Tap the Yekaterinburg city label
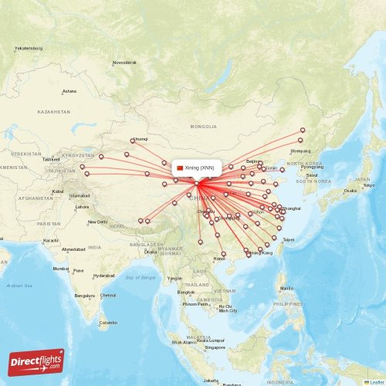29,49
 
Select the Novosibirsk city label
125,62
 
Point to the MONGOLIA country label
204,126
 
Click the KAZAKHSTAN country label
53,112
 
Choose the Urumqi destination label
141,140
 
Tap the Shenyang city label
301,151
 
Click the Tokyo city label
369,185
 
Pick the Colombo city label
109,323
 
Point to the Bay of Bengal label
140,276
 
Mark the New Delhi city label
97,222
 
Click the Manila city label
287,289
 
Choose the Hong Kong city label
262,252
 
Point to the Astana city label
69,91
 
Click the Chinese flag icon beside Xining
181,168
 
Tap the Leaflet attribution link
376,381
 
